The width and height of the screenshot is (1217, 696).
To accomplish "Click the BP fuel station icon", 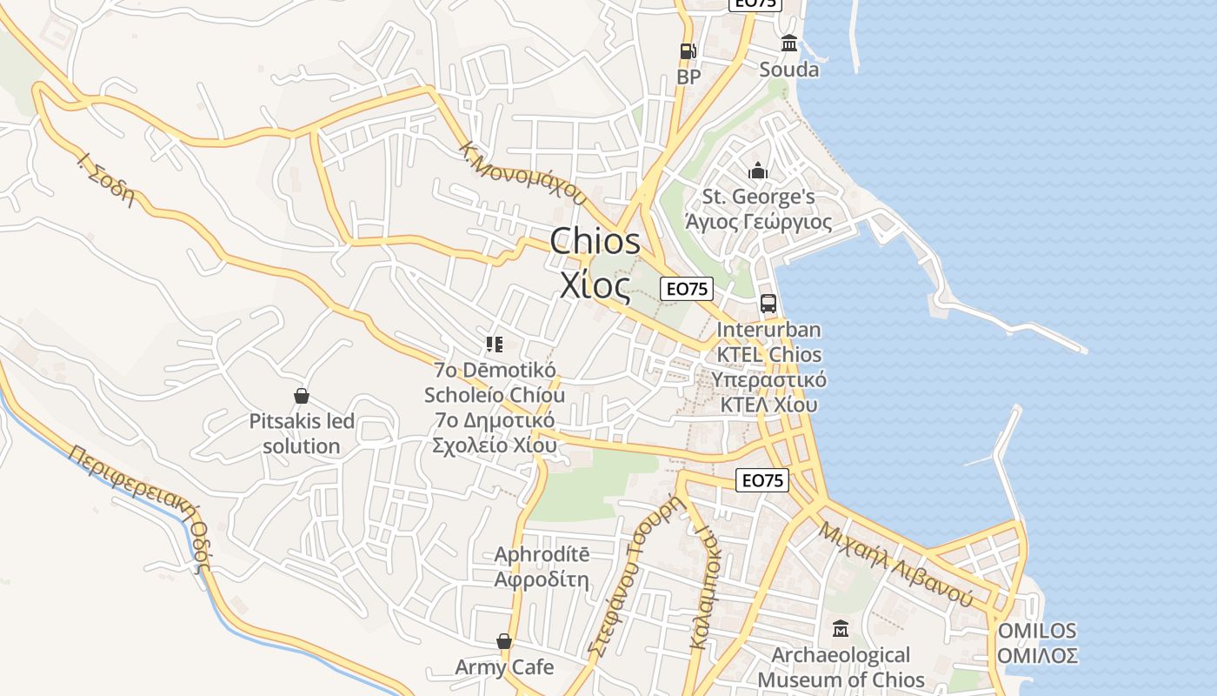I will pos(688,51).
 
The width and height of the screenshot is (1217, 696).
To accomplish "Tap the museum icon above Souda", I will pos(789,43).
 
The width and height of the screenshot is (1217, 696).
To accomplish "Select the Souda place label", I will pos(789,70).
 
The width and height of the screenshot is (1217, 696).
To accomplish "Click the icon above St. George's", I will pos(758,171).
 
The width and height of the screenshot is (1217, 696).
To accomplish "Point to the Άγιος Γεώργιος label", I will pos(758,222).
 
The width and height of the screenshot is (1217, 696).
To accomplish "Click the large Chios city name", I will pos(595,241).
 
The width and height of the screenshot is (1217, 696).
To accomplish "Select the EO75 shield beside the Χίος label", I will pos(687,289).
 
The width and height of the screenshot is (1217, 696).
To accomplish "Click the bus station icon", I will pos(768,303).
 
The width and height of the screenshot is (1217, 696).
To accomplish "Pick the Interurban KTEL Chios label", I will pos(768,342).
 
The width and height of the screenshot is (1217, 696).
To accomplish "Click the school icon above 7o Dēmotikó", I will pos(495,345).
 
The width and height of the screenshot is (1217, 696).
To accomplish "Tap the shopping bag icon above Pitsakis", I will pos(302,397).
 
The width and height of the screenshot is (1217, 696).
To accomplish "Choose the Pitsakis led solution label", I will pos(302,434).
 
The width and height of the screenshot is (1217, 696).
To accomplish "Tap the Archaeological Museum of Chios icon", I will pos(841,628).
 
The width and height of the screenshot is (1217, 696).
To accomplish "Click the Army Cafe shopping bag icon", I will pos(504,642).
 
